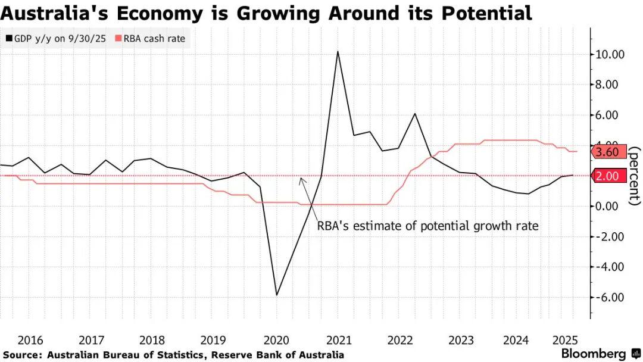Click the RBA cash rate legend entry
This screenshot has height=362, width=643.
[x=154, y=39]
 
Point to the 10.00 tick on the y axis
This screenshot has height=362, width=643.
[x=611, y=55]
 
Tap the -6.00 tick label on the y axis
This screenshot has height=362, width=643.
[x=610, y=297]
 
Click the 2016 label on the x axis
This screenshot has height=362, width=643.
[x=30, y=341]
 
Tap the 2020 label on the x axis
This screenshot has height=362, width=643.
[x=276, y=341]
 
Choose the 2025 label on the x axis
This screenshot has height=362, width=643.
[x=564, y=341]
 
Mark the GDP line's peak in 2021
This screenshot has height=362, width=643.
[x=338, y=51]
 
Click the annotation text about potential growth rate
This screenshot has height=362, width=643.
[x=427, y=226]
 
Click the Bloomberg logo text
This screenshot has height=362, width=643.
[x=593, y=354]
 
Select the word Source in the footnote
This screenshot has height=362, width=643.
[x=23, y=355]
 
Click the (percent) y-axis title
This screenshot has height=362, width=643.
[x=635, y=176]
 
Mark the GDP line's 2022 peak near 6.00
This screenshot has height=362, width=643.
[x=415, y=114]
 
